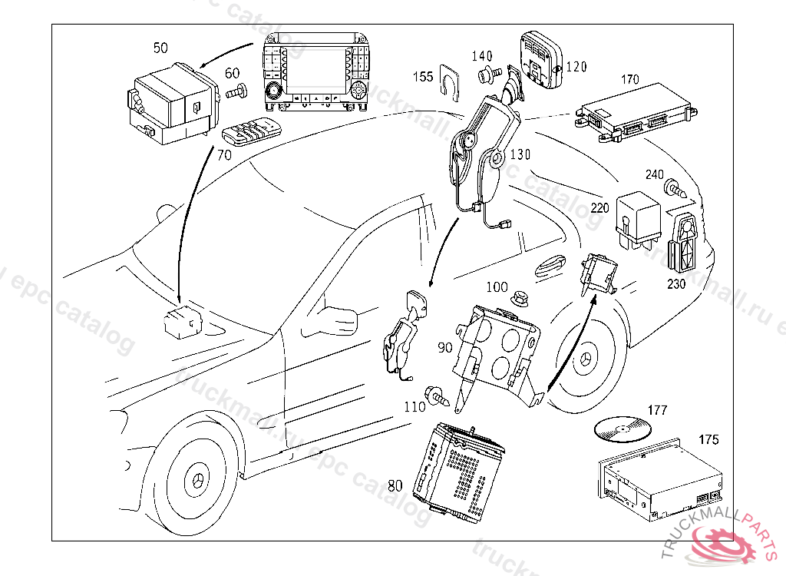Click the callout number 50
click(x=160, y=48)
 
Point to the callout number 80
click(x=395, y=485)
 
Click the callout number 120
click(x=576, y=67)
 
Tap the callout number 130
click(x=520, y=154)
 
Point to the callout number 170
click(x=629, y=78)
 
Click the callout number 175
click(x=709, y=439)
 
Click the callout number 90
click(x=445, y=348)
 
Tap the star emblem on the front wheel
click(x=198, y=482)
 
